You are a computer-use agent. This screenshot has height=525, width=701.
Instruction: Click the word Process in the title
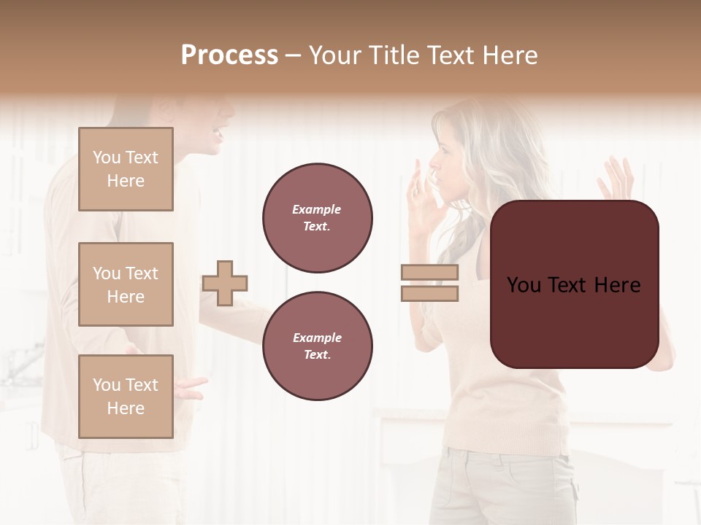point(229,55)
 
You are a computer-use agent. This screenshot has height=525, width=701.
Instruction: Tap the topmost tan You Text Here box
point(126,169)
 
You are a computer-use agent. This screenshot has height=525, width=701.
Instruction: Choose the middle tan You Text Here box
point(126,284)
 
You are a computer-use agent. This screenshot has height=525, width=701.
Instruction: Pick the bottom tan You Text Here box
point(126,396)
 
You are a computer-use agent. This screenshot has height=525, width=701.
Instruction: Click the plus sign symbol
point(225,283)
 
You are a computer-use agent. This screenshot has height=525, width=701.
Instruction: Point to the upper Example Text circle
point(317,217)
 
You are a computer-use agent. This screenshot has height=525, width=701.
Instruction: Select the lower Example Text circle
point(317,346)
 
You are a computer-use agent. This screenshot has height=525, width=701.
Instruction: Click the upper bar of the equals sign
point(430,273)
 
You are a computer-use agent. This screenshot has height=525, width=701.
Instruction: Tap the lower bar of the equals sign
point(430,293)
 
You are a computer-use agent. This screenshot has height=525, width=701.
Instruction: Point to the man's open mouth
point(216,134)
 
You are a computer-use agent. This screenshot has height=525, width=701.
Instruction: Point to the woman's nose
point(430,160)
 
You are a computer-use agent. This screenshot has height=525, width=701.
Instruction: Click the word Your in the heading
point(334,55)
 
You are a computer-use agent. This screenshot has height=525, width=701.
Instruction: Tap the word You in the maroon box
point(524,285)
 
